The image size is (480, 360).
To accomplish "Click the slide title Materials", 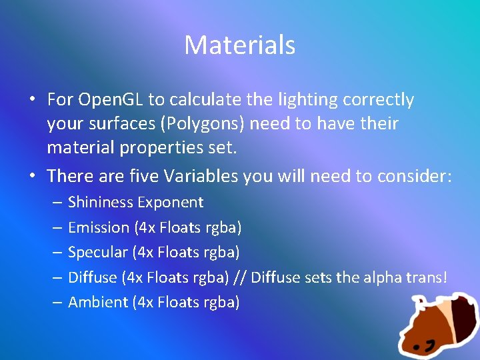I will tap(239, 45).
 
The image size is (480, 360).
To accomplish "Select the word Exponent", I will tap(173, 202).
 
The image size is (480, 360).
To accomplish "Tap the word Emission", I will tap(99, 227).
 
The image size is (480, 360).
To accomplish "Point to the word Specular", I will tap(98, 252).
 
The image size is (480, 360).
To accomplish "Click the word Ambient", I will tap(98, 302).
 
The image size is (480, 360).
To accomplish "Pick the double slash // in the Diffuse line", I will tap(240, 277).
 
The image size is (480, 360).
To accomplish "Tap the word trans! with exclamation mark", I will tap(425, 277).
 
